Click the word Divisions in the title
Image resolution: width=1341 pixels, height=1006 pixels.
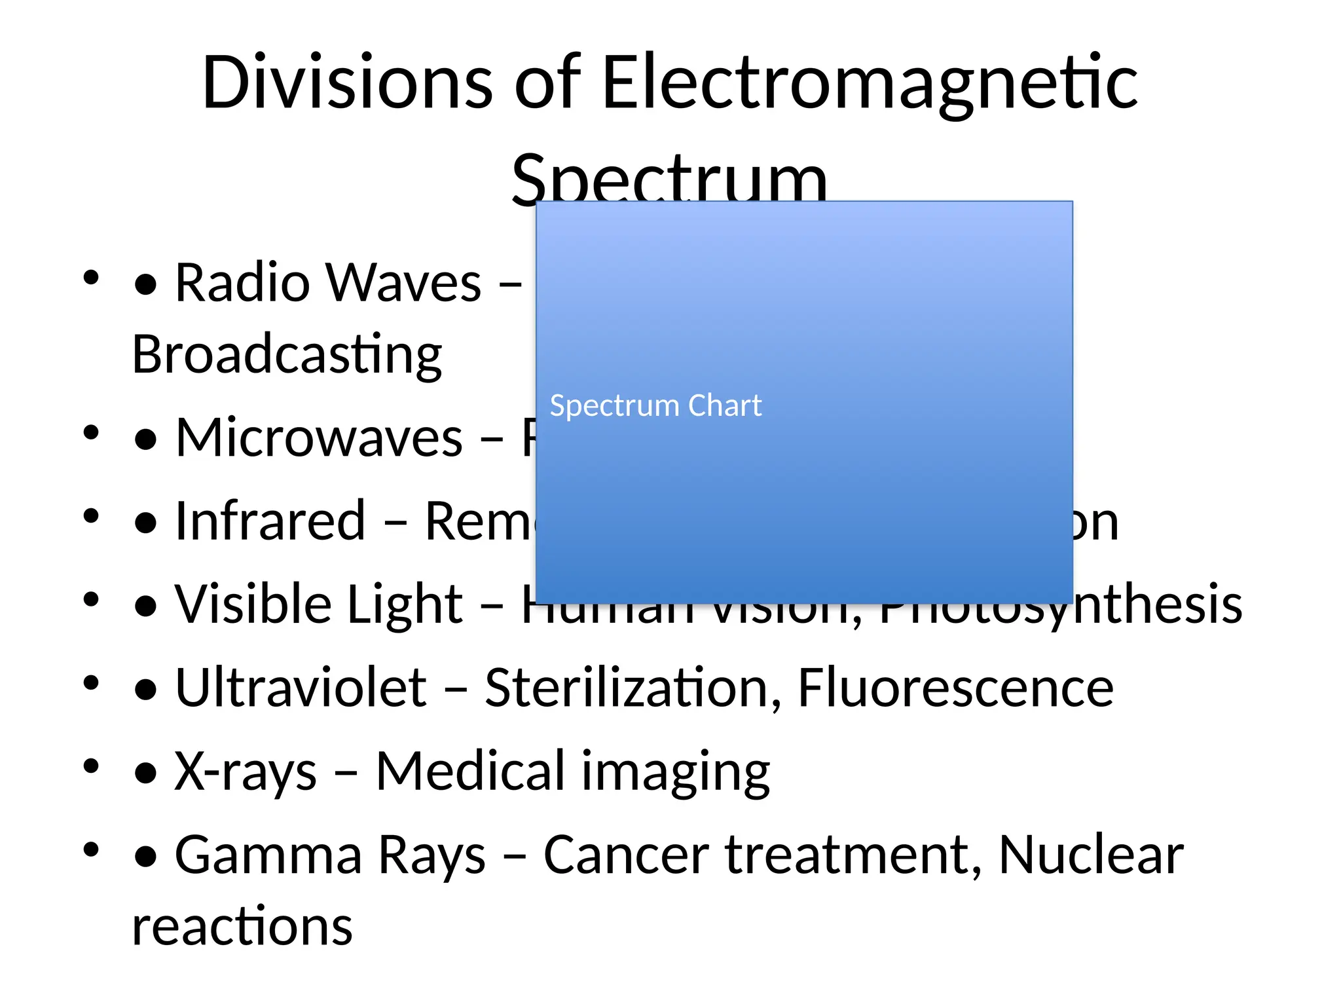pos(347,83)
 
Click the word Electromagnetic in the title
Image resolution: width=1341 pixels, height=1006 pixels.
pos(869,83)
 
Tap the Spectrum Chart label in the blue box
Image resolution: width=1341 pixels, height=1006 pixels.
pos(655,405)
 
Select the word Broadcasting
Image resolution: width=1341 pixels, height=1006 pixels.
pos(287,354)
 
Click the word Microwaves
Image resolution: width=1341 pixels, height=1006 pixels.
pos(319,438)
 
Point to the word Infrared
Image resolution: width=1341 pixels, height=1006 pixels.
pos(270,521)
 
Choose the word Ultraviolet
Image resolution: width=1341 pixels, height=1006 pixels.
pos(301,687)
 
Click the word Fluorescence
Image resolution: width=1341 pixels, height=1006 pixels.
pos(955,687)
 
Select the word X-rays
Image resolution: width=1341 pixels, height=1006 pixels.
pos(246,771)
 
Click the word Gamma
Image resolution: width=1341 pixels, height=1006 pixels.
pos(268,855)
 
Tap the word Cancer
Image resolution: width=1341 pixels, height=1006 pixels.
pos(626,855)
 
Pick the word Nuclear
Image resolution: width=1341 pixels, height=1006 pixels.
pos(1091,855)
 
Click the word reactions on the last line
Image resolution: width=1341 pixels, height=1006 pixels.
pos(242,926)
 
